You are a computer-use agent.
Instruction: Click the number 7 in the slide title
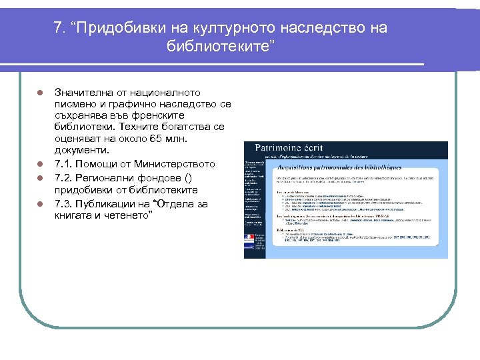(58, 29)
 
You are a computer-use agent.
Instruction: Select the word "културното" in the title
(227, 29)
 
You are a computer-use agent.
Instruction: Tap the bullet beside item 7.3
(40, 204)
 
